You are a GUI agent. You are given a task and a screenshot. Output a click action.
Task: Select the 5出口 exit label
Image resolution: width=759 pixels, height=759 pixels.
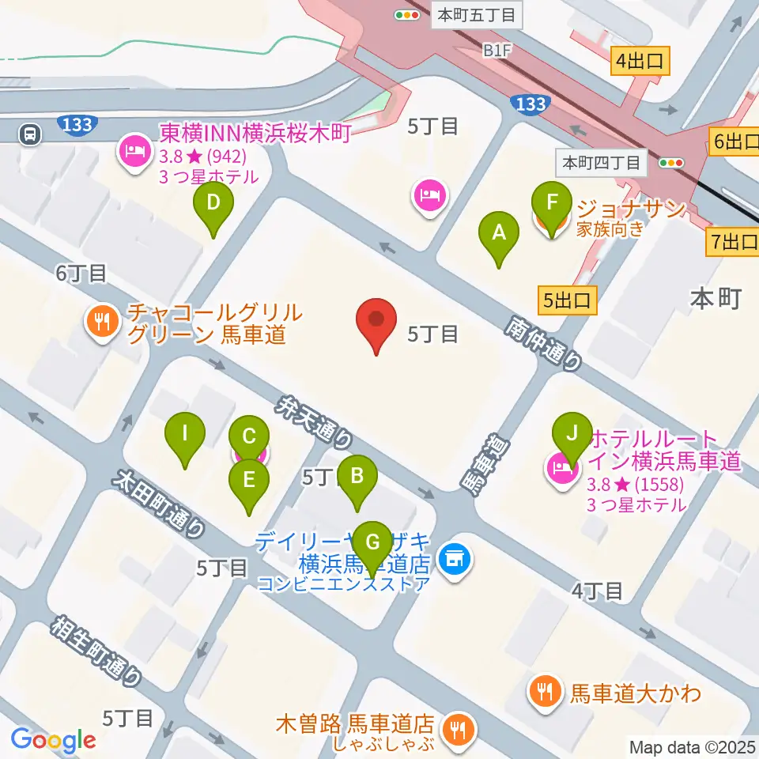tap(567, 300)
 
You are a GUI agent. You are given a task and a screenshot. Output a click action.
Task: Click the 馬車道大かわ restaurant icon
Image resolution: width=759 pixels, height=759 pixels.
tap(545, 693)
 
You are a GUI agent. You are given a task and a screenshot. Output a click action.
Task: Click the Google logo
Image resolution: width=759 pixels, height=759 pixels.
tap(54, 740)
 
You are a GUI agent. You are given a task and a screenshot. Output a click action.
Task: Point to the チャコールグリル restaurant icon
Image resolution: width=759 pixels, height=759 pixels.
tap(102, 321)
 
